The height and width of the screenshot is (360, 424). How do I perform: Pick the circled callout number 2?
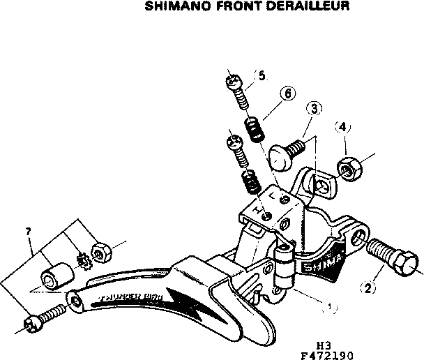pos(367,286)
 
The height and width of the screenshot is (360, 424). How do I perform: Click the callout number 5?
pos(262,75)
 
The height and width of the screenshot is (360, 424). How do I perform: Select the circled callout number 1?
pos(330,306)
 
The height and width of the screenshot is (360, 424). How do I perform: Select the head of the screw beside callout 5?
pos(233,82)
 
